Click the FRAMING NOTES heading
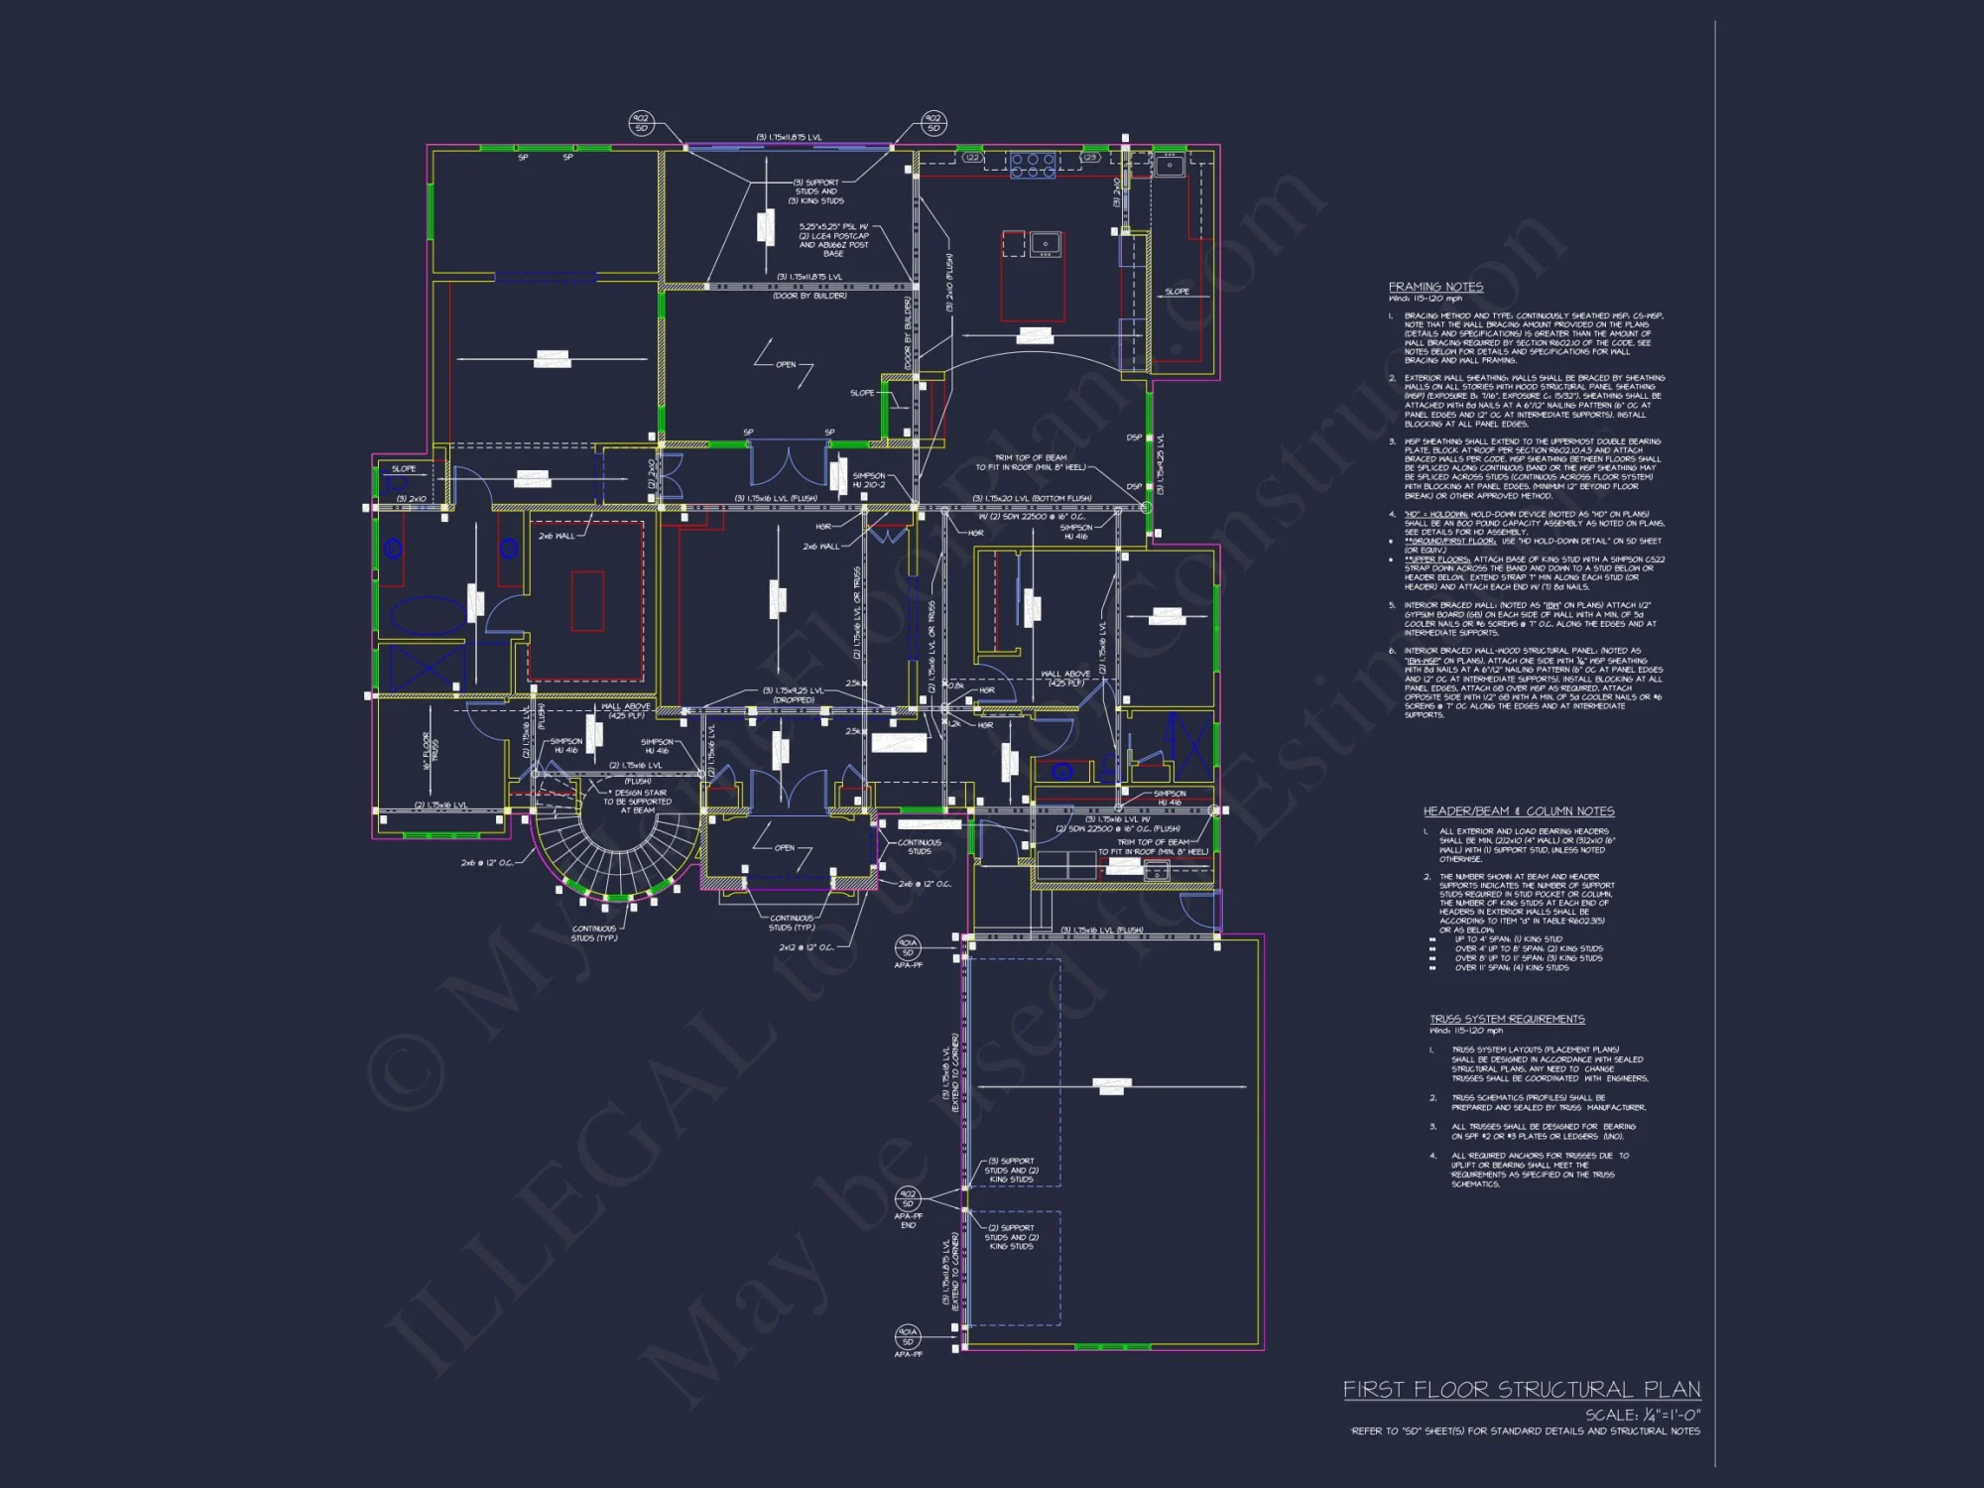click(x=1435, y=287)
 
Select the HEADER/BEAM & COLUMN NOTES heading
click(x=1519, y=810)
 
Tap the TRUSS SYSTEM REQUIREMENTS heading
click(x=1507, y=1019)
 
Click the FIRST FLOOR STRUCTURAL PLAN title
click(x=1522, y=1390)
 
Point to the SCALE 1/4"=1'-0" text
click(x=1642, y=1415)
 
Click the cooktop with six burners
click(x=1033, y=165)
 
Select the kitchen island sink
click(x=1045, y=243)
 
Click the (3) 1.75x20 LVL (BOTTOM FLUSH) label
click(x=1032, y=498)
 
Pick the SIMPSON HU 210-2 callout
click(x=869, y=480)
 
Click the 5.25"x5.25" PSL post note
click(x=833, y=240)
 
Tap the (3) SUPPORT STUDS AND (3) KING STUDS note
click(x=816, y=191)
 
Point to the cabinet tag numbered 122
click(x=972, y=158)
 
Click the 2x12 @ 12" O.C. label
click(x=806, y=947)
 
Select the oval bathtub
click(x=427, y=616)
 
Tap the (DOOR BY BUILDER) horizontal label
click(x=809, y=296)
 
